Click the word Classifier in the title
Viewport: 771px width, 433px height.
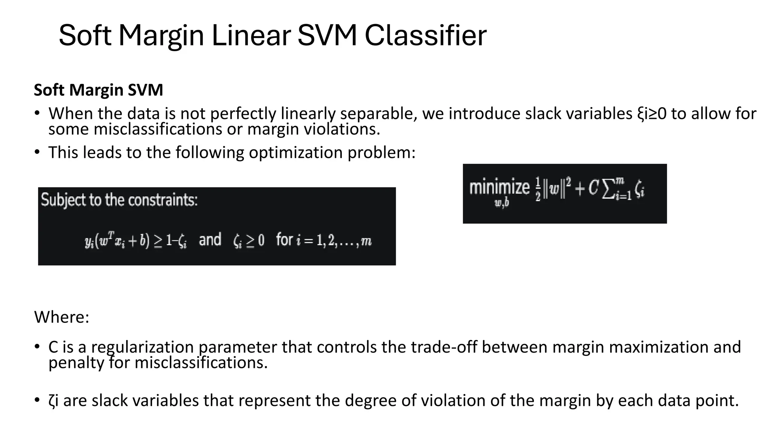point(425,36)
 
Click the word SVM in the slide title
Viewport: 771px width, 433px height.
point(327,36)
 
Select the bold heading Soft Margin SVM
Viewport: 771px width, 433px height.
point(98,90)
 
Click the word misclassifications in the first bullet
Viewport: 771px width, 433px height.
point(157,129)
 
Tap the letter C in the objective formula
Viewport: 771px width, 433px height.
point(593,188)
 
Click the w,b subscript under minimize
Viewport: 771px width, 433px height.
point(501,203)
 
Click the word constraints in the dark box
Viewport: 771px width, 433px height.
point(163,200)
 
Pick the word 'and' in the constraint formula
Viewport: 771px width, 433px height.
point(210,240)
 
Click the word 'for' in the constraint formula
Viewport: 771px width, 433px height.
point(284,239)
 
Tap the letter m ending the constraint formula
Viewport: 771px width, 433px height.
point(366,241)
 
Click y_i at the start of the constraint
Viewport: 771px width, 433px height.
point(89,241)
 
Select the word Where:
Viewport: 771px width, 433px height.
point(62,317)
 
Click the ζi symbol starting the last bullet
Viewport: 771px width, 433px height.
point(53,401)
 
